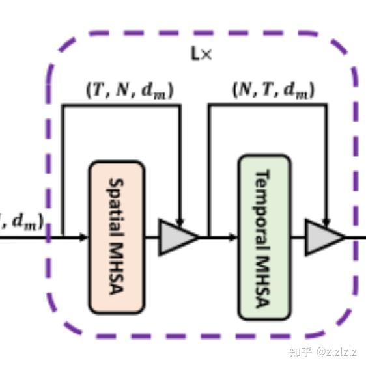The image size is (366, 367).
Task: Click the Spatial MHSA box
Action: (x=117, y=237)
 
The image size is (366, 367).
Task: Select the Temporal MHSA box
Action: (x=264, y=237)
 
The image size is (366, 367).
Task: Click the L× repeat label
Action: (x=201, y=54)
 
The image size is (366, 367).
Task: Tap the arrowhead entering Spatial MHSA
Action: (x=83, y=237)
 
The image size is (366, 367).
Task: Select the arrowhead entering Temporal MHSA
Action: (x=233, y=237)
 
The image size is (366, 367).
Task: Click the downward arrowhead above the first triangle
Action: (x=180, y=223)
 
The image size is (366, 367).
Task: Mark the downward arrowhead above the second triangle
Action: (x=327, y=223)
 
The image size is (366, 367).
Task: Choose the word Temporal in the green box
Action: (x=264, y=201)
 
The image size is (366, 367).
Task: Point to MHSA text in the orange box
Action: (x=117, y=270)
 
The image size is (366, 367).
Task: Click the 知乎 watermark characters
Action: (x=300, y=352)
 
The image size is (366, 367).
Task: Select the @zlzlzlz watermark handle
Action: (x=337, y=352)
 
